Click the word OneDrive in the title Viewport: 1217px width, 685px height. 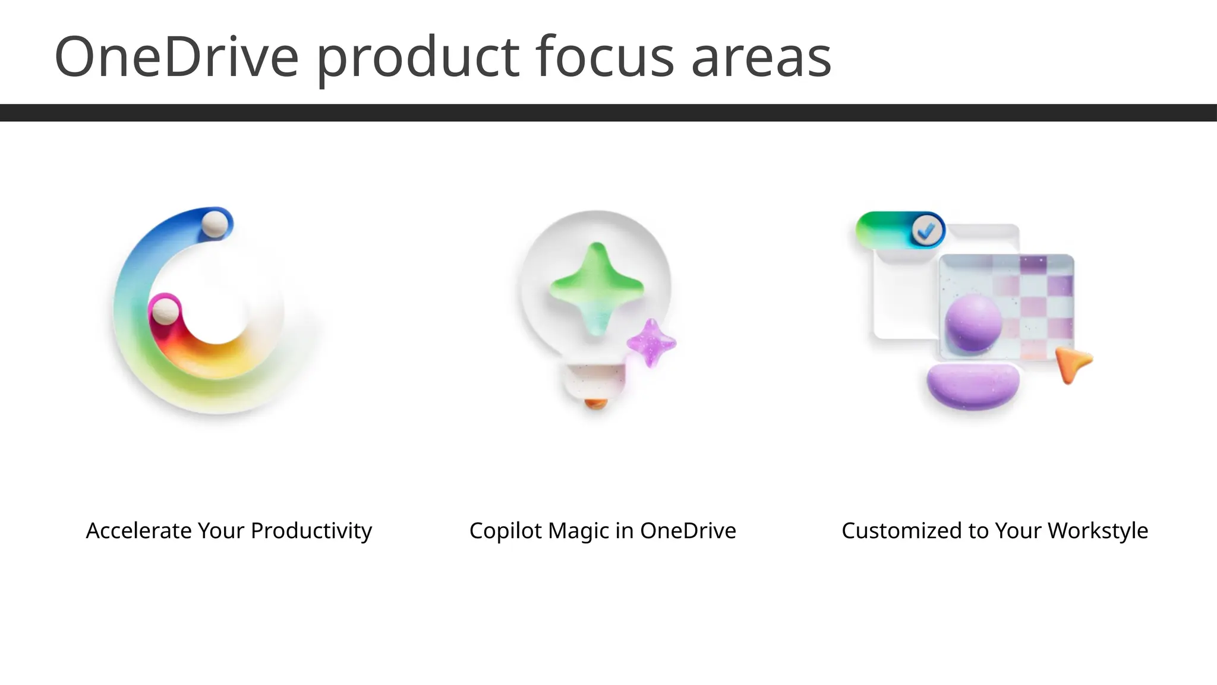click(176, 57)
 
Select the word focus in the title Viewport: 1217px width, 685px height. click(605, 57)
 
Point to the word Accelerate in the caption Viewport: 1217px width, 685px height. click(140, 530)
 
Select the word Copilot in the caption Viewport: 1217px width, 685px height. click(506, 531)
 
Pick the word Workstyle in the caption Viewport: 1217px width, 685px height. click(1098, 531)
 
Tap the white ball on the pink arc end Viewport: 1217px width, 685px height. click(165, 311)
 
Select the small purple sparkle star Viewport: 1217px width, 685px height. click(651, 343)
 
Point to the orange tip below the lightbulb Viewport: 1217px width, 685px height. click(595, 404)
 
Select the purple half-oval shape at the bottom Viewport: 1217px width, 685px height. click(973, 387)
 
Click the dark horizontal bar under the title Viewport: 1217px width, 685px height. click(608, 112)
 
